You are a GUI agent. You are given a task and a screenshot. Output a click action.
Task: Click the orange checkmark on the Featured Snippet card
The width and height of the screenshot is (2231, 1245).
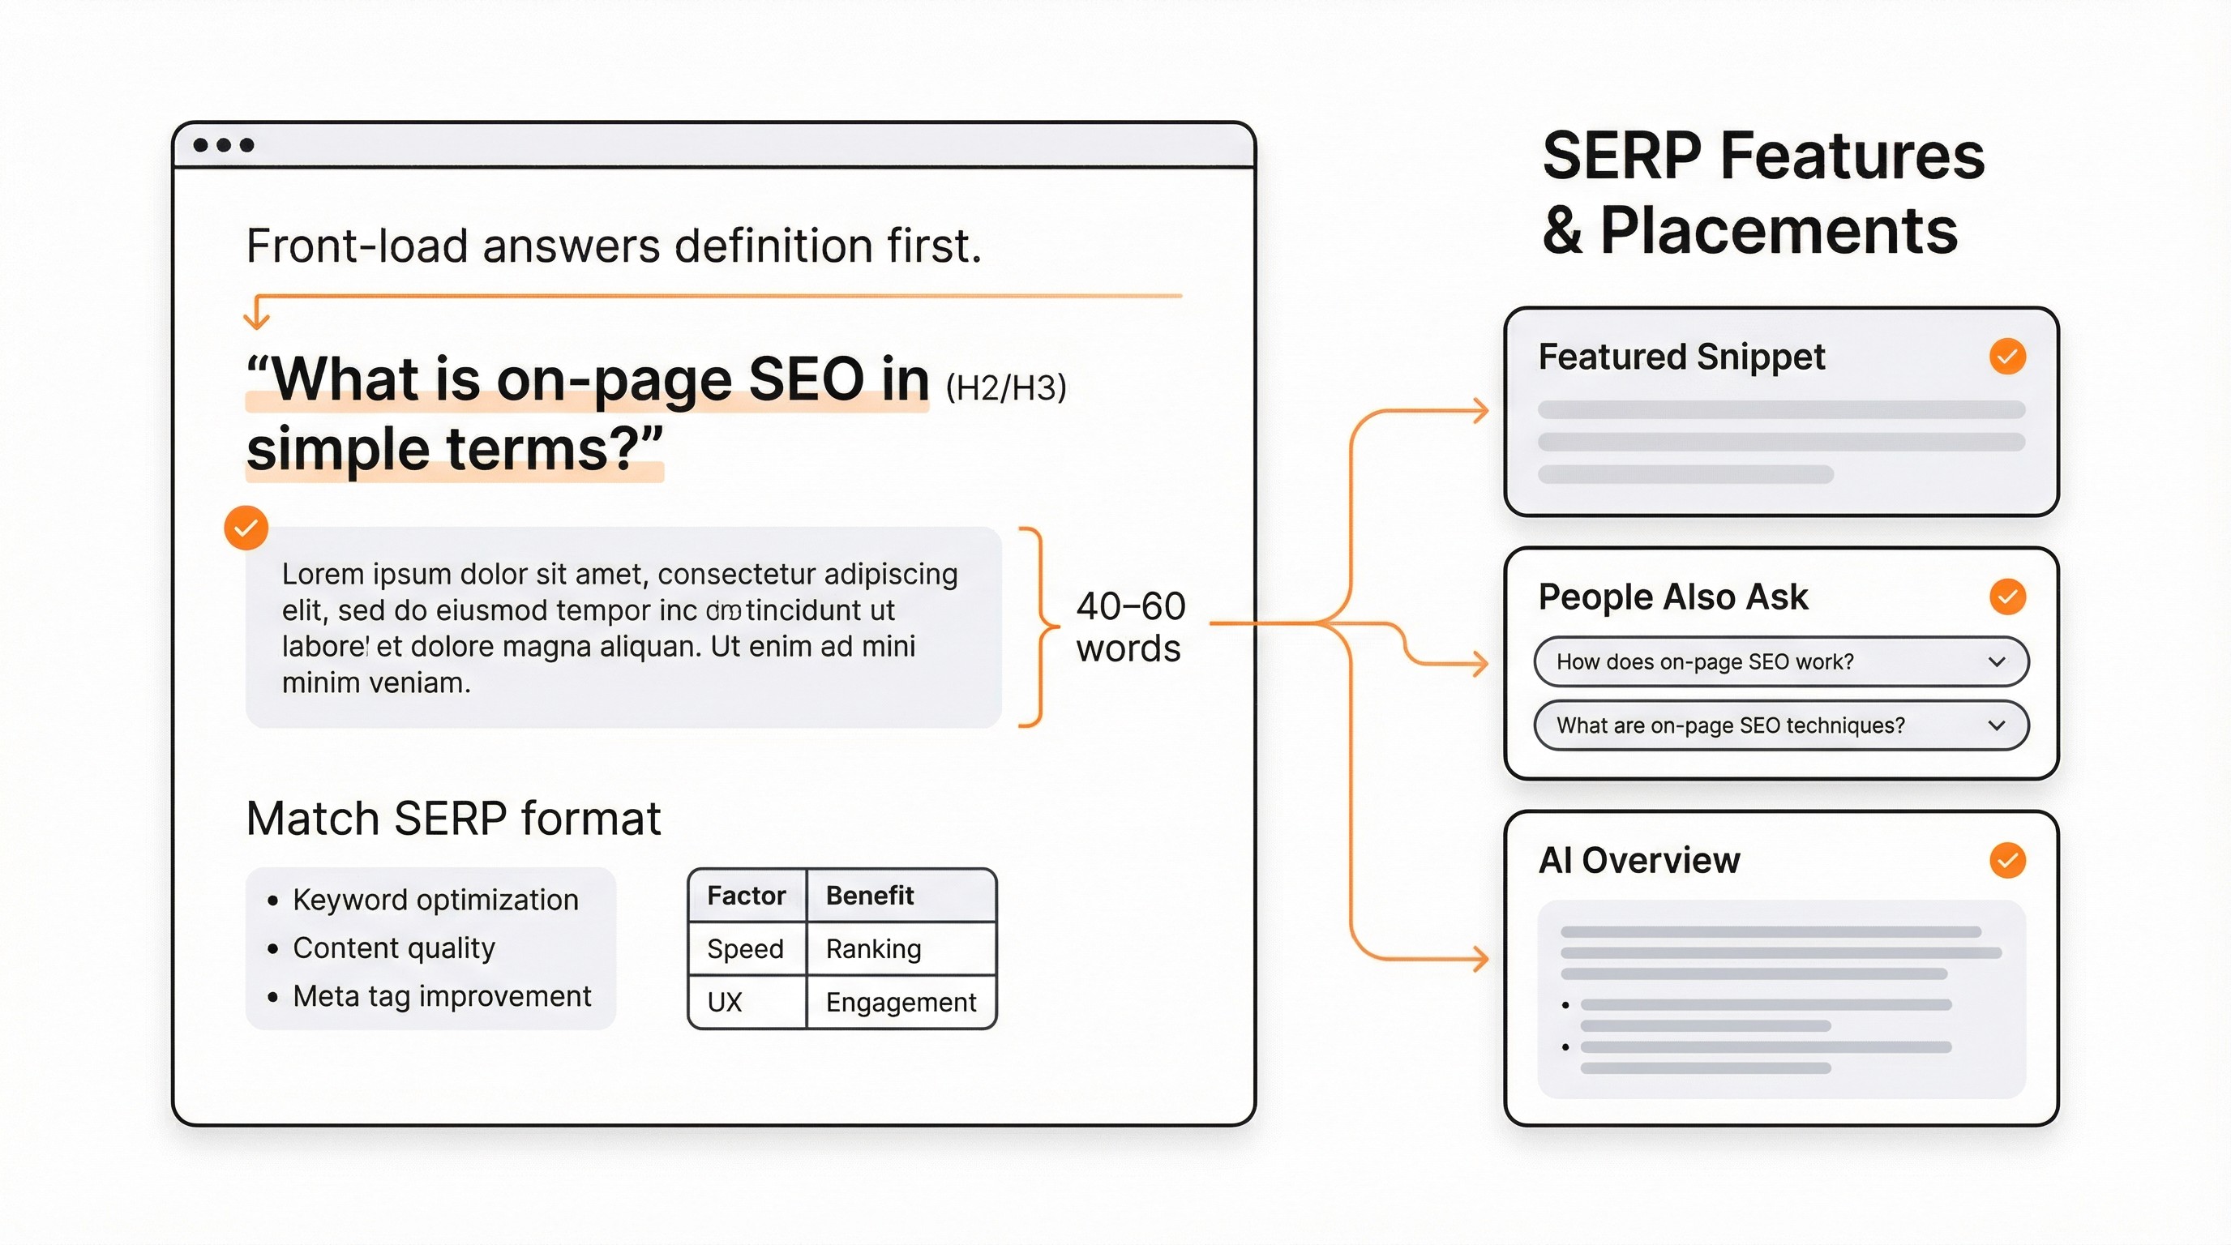point(2006,357)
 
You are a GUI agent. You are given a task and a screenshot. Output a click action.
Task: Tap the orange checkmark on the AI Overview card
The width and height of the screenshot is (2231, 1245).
point(2006,861)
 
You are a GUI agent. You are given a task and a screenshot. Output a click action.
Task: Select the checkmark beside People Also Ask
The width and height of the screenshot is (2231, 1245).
point(2006,597)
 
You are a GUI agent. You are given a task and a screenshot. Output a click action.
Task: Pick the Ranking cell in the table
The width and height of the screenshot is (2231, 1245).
point(873,949)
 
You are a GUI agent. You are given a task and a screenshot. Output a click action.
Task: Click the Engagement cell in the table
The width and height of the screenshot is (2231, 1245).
point(900,1003)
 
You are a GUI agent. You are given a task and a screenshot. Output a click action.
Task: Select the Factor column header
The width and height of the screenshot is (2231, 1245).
point(746,895)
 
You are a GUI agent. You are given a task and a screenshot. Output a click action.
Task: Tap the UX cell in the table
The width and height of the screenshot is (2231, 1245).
point(724,1003)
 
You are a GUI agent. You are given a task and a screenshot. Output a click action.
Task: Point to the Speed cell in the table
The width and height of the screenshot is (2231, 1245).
point(745,949)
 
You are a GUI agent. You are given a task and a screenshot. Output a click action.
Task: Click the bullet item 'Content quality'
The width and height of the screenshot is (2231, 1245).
point(393,948)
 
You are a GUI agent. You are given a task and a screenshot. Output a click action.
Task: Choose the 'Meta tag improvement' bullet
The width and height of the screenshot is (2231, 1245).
point(442,996)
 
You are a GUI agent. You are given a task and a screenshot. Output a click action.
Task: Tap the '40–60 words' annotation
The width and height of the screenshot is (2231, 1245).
point(1129,627)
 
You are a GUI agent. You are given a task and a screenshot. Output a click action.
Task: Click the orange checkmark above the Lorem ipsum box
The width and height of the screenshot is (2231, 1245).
point(246,528)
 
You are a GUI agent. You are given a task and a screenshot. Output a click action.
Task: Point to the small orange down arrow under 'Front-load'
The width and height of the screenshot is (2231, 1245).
point(255,316)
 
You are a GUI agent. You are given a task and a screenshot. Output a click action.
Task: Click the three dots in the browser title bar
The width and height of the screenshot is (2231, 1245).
point(224,144)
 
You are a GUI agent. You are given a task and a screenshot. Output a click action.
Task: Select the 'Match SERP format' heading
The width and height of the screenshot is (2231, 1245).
point(453,818)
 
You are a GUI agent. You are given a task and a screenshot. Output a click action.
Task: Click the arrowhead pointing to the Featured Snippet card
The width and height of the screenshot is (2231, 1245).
point(1481,410)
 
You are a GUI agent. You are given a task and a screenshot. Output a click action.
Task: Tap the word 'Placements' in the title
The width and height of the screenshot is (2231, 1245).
point(1778,231)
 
